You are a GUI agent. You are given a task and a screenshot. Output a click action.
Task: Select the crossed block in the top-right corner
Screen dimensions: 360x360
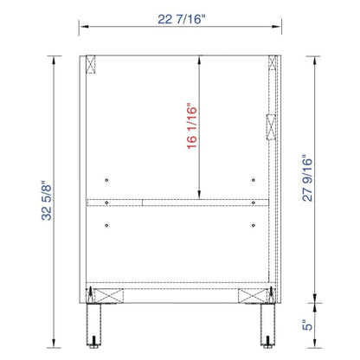click(x=273, y=65)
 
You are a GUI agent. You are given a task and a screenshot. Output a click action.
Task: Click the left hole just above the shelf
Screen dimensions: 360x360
click(x=106, y=180)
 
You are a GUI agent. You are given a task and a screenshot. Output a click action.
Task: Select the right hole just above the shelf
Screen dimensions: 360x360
click(x=253, y=180)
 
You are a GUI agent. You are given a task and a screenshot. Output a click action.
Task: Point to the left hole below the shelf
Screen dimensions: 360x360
click(x=106, y=225)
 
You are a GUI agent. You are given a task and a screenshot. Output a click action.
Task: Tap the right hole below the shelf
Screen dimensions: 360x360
click(x=253, y=225)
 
